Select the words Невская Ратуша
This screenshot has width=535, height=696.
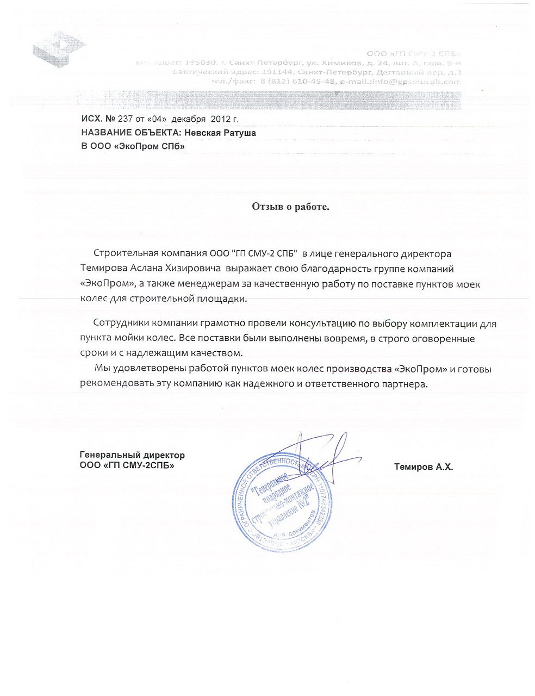tap(220, 133)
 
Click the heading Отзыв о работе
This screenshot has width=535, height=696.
tap(290, 207)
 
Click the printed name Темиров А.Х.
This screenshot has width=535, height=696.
tap(423, 467)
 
